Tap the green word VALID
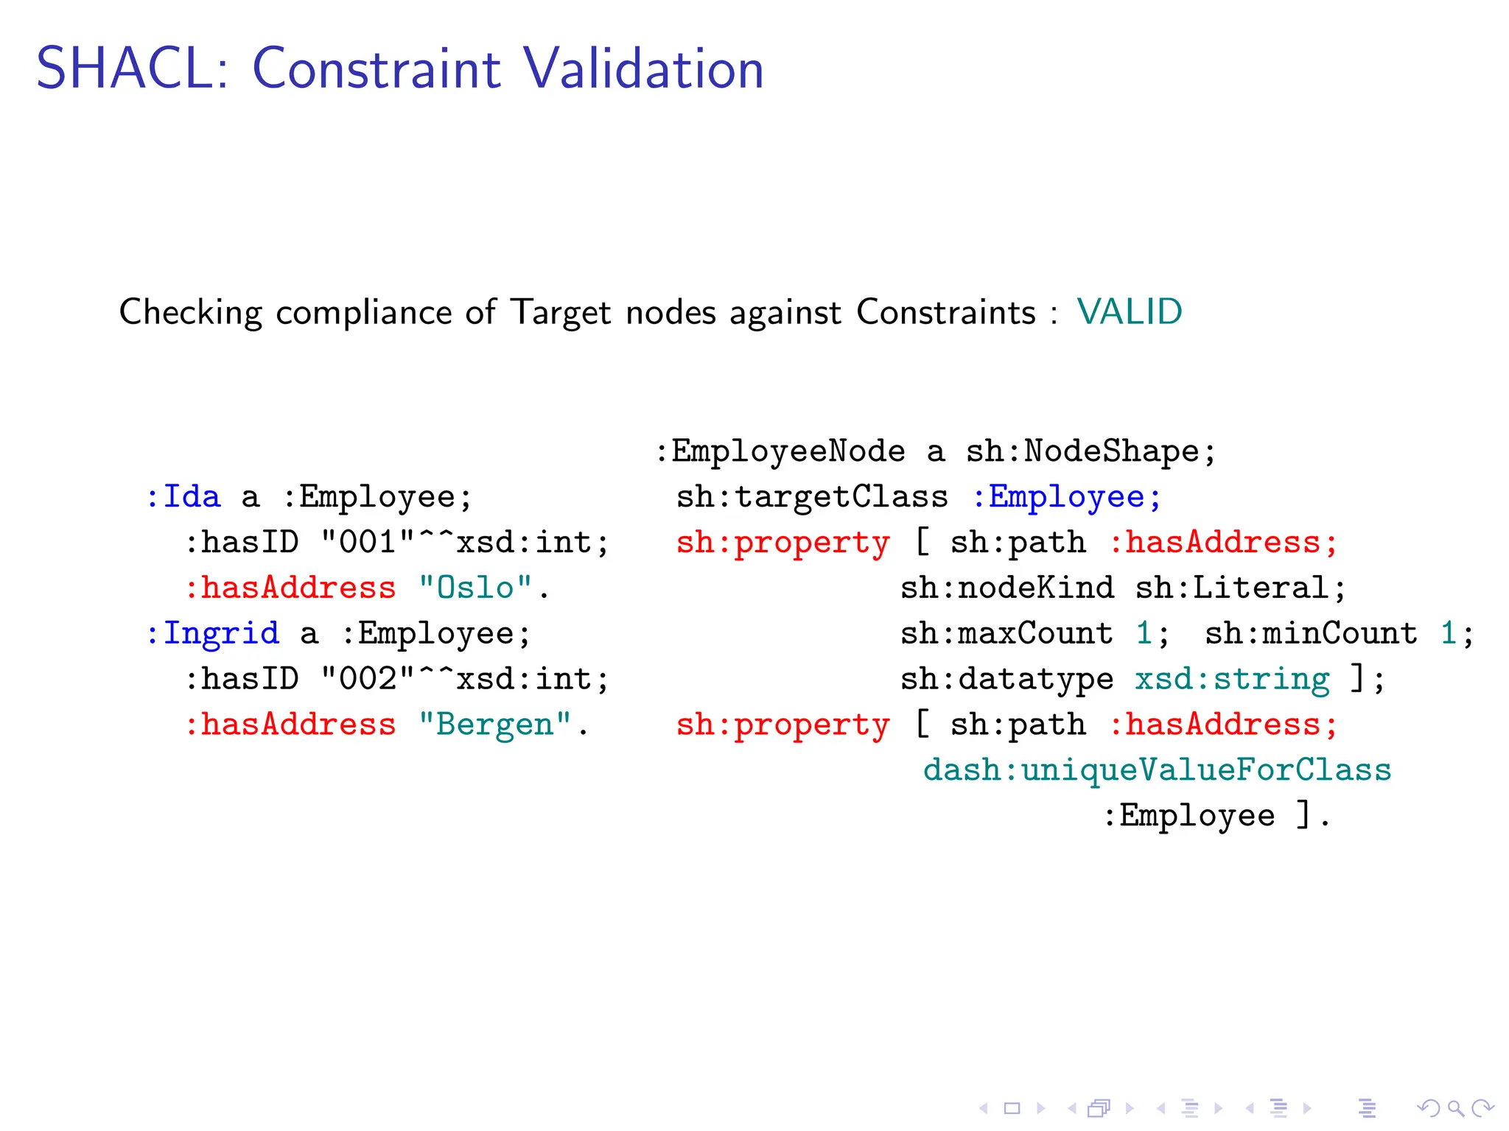point(1129,312)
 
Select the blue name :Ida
point(183,497)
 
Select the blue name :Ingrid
point(213,634)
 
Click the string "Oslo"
point(475,588)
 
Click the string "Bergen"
point(495,725)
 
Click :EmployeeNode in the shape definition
point(780,451)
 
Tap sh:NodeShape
point(1083,451)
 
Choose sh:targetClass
point(812,497)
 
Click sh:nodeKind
point(1006,588)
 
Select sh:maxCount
point(1006,634)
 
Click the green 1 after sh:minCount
point(1448,634)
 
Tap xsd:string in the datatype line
point(1232,680)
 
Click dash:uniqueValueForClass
point(1157,771)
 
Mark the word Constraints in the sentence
point(946,312)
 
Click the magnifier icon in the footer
point(1455,1108)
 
